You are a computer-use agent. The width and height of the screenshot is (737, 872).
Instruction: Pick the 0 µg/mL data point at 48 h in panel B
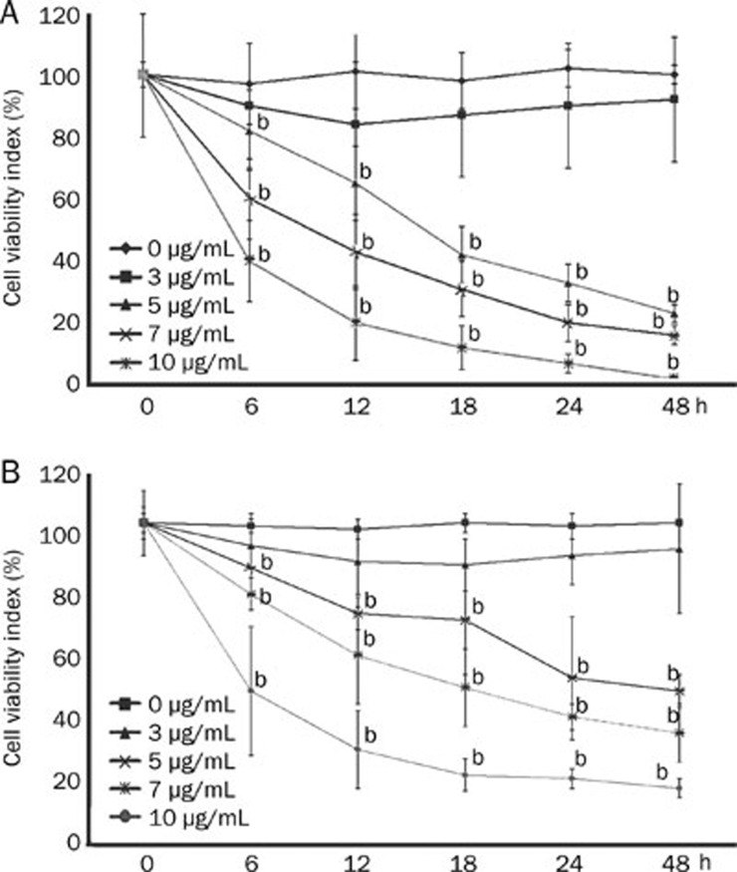click(677, 522)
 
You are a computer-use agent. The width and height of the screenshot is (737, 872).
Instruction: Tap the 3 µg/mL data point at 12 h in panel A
click(357, 124)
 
